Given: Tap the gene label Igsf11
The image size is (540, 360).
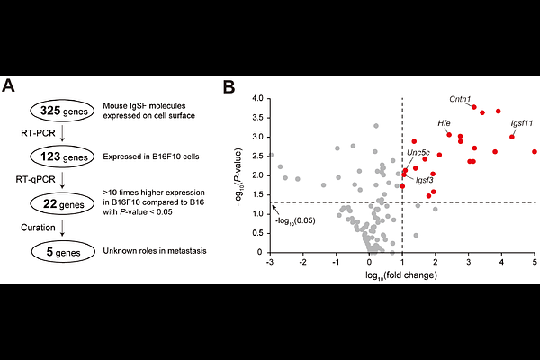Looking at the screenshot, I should tap(522, 122).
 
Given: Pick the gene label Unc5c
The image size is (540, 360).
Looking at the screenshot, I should tap(418, 153).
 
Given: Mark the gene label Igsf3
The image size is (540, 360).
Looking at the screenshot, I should tap(425, 180).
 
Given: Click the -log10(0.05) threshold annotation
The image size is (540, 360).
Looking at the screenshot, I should tap(298, 217).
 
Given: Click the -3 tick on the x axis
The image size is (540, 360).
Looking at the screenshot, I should tap(270, 262).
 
